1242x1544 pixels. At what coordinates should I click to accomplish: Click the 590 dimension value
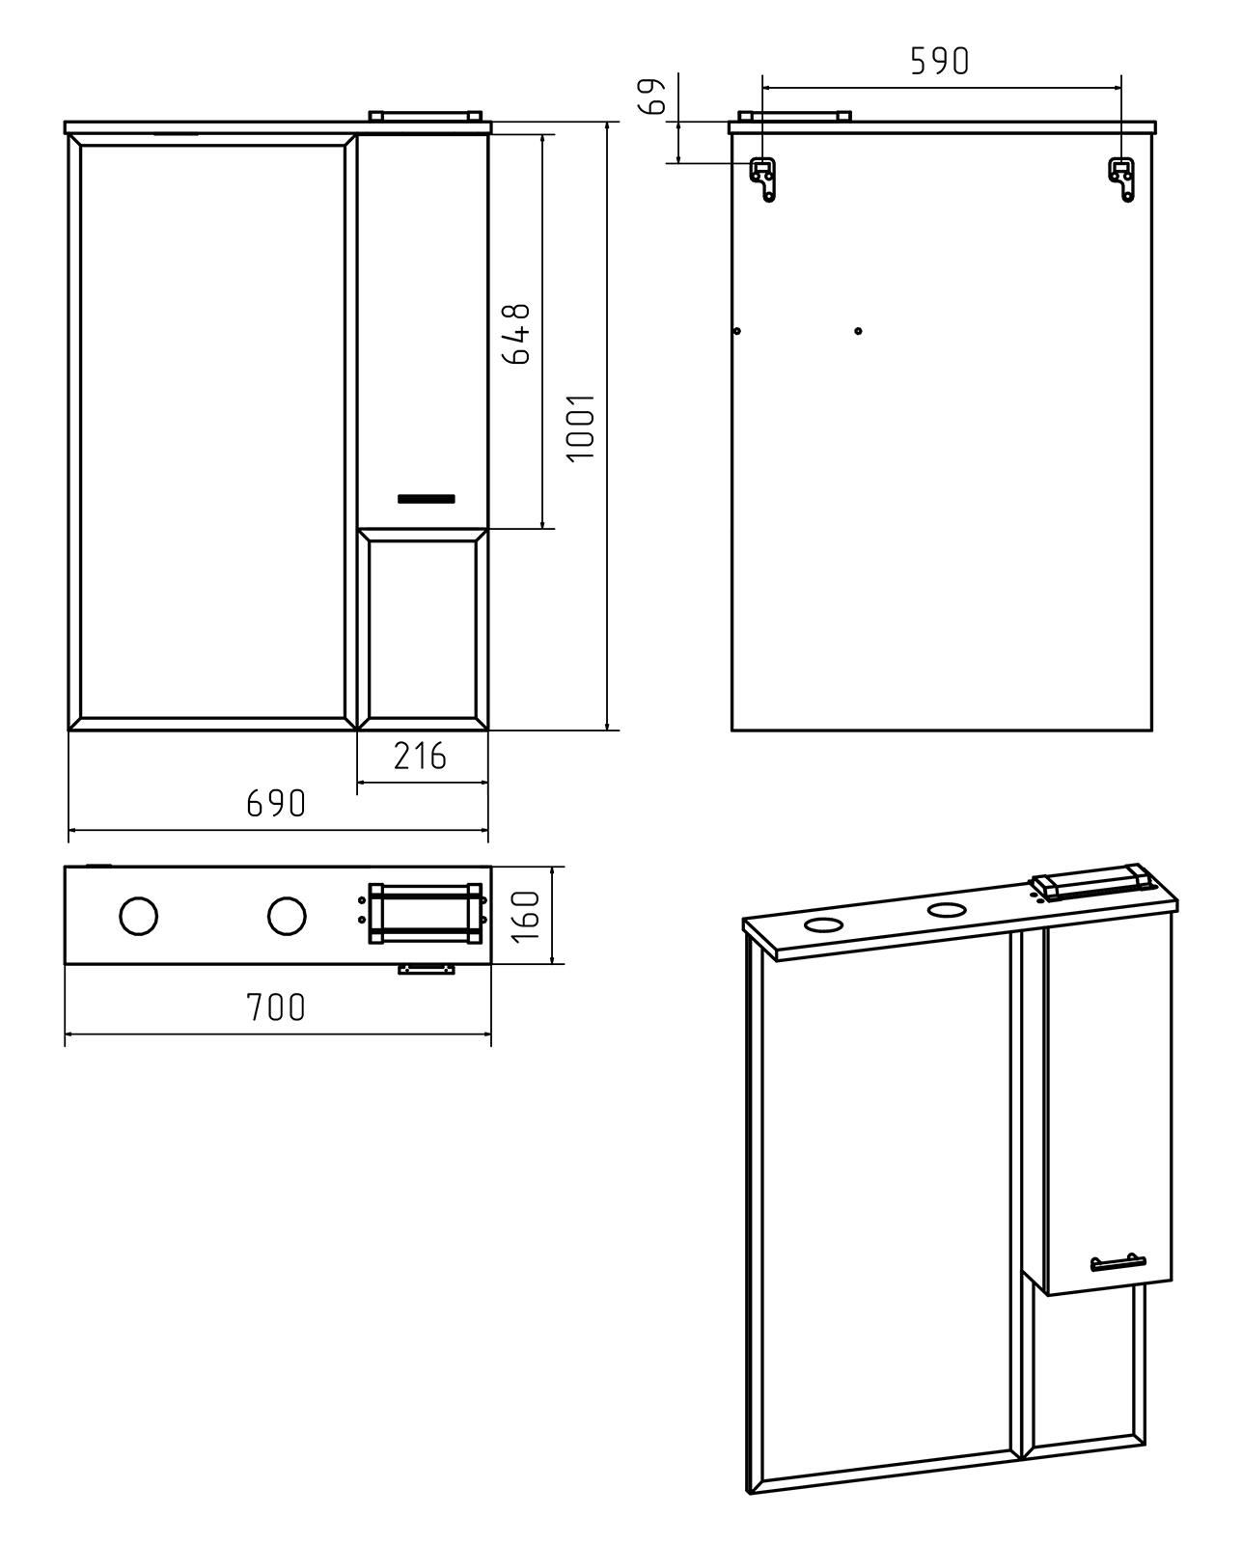click(939, 61)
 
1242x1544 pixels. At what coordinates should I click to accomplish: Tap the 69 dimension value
click(654, 96)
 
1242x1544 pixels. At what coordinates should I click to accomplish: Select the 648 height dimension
click(517, 333)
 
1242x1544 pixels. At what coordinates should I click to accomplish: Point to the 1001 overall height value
click(581, 427)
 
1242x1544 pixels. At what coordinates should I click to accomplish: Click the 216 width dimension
click(420, 757)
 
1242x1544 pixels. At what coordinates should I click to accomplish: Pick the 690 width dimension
click(276, 803)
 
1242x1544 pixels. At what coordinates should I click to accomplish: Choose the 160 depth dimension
click(526, 916)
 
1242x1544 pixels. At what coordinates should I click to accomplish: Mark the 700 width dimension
click(276, 1007)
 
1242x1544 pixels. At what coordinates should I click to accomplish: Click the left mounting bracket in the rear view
click(764, 179)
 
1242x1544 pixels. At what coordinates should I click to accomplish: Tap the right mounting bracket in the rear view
click(1122, 179)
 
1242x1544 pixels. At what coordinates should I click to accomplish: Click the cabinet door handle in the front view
click(426, 499)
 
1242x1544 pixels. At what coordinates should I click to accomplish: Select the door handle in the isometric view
click(1118, 1262)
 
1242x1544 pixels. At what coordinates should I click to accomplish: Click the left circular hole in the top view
click(139, 916)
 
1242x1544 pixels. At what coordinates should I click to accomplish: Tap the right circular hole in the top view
click(287, 916)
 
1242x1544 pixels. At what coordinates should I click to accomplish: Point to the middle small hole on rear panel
click(858, 331)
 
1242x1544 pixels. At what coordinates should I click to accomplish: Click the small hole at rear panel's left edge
click(737, 331)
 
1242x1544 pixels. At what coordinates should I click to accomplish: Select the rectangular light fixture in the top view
click(425, 913)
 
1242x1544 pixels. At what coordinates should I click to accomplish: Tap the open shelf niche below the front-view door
click(423, 628)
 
